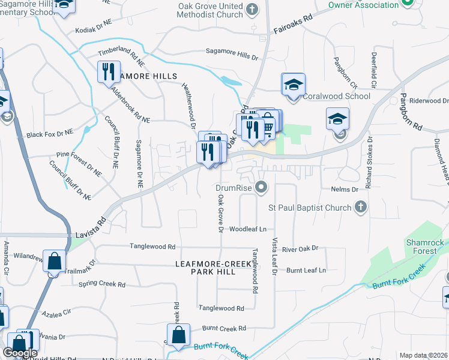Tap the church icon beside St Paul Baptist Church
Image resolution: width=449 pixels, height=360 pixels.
360,208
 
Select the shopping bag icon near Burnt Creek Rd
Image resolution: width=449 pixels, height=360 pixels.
179,336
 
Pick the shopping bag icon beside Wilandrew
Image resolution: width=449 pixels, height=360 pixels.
54,262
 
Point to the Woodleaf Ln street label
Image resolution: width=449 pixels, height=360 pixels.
247,229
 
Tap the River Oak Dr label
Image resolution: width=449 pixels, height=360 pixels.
300,248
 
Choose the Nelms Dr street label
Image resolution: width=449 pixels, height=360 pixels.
344,189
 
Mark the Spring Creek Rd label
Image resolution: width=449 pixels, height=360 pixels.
105,284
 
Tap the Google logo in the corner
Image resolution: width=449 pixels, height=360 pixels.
20,353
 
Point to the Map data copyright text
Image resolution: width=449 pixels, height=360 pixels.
423,355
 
